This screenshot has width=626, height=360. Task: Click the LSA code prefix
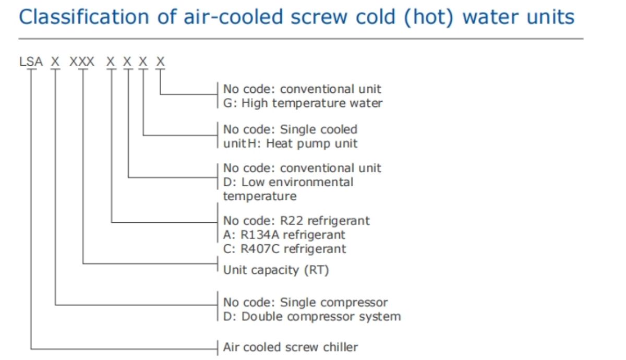point(30,63)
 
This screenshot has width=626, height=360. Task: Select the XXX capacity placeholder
point(82,63)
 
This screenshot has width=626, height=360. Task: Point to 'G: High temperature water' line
point(303,103)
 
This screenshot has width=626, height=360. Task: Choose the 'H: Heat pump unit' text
point(312,143)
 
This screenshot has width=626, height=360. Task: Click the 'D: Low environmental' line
point(288,182)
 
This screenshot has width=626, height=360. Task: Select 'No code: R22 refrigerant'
point(296,221)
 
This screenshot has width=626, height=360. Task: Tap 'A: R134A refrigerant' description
point(284,235)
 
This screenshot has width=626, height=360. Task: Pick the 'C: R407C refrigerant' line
point(285,249)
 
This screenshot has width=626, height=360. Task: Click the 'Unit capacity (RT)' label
point(276,270)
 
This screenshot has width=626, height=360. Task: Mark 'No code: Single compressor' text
point(305,302)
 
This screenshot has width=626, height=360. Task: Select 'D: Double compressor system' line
point(312,316)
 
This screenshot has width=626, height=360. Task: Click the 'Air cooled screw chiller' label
point(291,347)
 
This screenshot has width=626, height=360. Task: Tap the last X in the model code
point(160,63)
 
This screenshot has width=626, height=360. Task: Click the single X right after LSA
point(55,63)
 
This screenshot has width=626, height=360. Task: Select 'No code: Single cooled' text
point(290,129)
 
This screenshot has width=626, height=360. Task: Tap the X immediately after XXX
point(111,63)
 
